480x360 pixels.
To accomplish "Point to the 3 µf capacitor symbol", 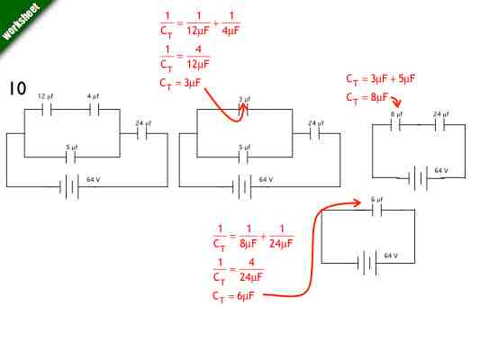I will pos(244,110).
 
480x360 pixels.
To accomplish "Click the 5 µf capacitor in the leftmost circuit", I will pos(71,157).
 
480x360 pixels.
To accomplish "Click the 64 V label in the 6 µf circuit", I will pos(391,256).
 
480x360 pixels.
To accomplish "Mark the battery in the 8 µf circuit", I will pos(416,177).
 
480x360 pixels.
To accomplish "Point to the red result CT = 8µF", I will pos(367,97).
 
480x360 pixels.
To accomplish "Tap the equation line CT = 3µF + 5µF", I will pos(380,78).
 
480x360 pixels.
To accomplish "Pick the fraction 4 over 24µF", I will pos(252,269).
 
